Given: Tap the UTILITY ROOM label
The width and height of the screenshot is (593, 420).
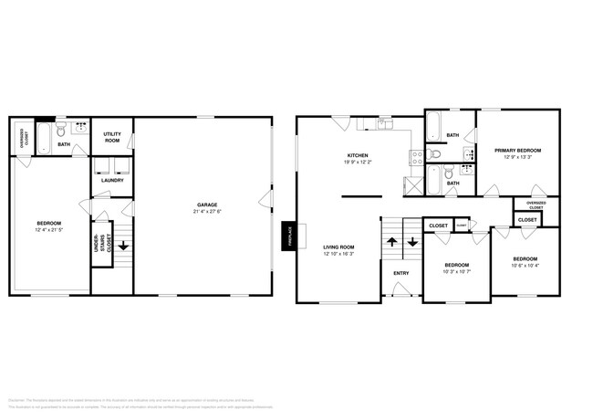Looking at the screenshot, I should [x=113, y=136].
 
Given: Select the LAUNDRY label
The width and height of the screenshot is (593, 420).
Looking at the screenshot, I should [x=112, y=180].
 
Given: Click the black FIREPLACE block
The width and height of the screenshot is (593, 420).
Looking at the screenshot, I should [x=288, y=236].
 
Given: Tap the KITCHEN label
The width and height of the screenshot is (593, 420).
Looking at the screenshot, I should [x=357, y=156].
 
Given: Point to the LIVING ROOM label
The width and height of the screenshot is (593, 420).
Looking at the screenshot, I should [x=338, y=247].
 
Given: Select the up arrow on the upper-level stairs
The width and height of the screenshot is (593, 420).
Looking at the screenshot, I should [x=392, y=242].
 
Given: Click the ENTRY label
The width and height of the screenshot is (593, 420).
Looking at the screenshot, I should [x=401, y=273].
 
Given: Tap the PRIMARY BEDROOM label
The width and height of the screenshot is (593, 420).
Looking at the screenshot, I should [x=517, y=150].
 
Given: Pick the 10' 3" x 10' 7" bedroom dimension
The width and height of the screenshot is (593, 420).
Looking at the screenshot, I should [x=457, y=269].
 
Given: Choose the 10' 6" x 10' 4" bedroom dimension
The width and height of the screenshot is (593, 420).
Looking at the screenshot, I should [x=525, y=266].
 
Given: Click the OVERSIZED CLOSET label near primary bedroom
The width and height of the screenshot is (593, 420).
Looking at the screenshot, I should [x=536, y=205].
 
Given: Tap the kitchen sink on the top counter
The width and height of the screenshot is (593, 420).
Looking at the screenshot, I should [x=385, y=123].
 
